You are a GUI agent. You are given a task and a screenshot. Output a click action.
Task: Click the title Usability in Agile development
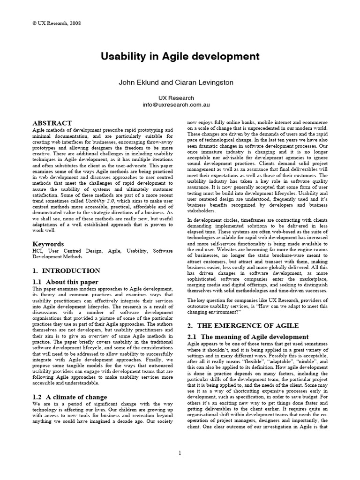180,56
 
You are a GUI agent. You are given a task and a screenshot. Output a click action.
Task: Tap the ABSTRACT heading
52,123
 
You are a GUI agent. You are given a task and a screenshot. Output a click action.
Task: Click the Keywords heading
48,244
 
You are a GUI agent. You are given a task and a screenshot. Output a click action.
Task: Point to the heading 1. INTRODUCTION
66,270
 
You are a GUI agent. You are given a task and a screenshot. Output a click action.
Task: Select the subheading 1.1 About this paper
65,282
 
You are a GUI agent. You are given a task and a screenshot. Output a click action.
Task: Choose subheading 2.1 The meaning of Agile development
247,337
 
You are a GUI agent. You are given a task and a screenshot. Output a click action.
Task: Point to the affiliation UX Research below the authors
180,98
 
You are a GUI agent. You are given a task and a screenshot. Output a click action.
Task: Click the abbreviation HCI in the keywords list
37,251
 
